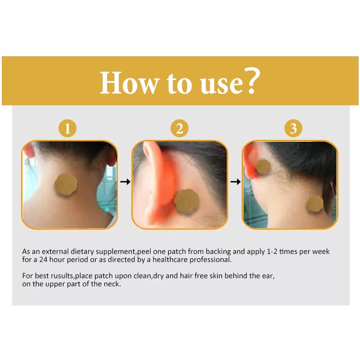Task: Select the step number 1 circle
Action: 67,129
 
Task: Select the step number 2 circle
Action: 180,129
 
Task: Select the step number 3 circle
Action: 293,129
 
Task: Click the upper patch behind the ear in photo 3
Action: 263,166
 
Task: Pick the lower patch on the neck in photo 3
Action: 315,203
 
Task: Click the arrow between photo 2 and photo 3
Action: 235,182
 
